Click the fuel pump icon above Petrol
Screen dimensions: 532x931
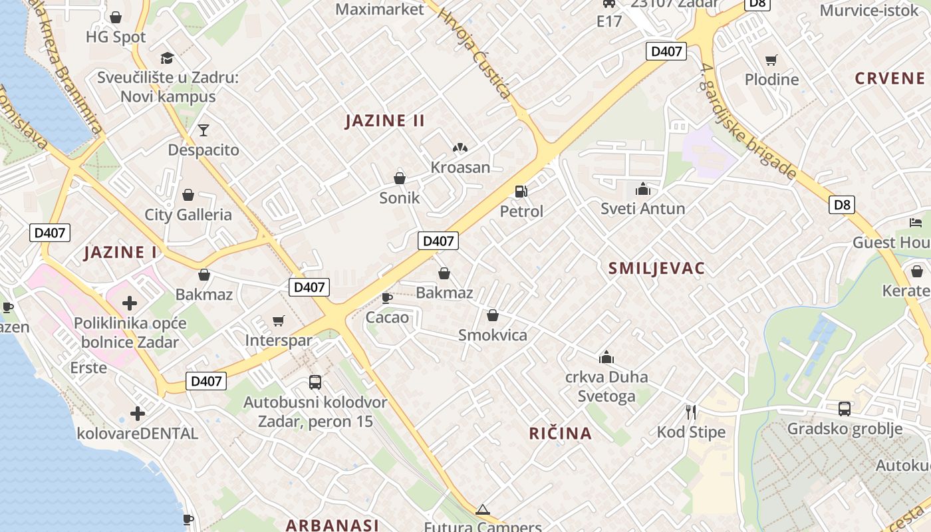(x=521, y=192)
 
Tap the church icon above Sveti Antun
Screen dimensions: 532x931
(x=642, y=189)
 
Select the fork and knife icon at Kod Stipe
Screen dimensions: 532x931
(x=691, y=412)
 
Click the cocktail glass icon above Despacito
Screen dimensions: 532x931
(x=203, y=130)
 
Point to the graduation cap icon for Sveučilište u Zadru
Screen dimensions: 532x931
(x=167, y=58)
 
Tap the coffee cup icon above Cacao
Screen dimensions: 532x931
(x=387, y=297)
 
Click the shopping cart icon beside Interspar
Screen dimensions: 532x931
(x=279, y=321)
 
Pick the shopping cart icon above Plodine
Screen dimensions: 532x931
(x=771, y=61)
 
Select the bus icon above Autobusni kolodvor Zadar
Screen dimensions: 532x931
(x=315, y=382)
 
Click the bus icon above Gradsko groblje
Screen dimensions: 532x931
(x=845, y=408)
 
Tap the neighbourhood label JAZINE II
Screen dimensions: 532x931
(x=385, y=121)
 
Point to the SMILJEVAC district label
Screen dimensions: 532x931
(x=656, y=269)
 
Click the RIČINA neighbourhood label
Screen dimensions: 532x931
(x=560, y=434)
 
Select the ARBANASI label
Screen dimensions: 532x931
(x=332, y=525)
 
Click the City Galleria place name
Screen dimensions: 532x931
(x=188, y=215)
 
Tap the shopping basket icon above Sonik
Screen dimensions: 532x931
(x=400, y=178)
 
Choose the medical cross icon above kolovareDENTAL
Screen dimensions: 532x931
(x=138, y=414)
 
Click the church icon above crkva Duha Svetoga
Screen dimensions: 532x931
(x=606, y=358)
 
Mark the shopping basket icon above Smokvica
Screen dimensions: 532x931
(x=493, y=315)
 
